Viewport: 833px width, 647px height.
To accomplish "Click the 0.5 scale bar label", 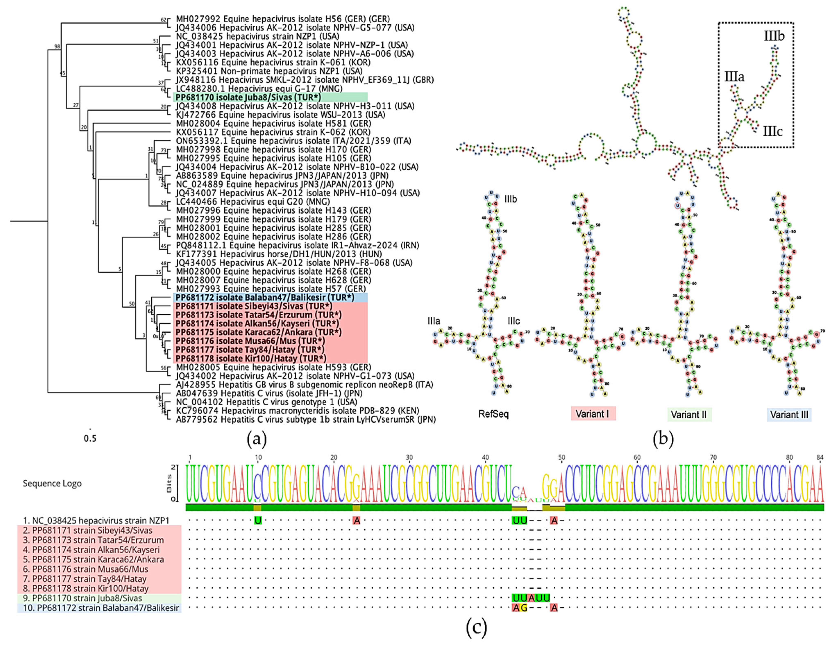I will point(90,438).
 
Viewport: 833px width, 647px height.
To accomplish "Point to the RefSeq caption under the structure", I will point(494,414).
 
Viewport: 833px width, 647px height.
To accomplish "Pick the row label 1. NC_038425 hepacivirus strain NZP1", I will point(96,521).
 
